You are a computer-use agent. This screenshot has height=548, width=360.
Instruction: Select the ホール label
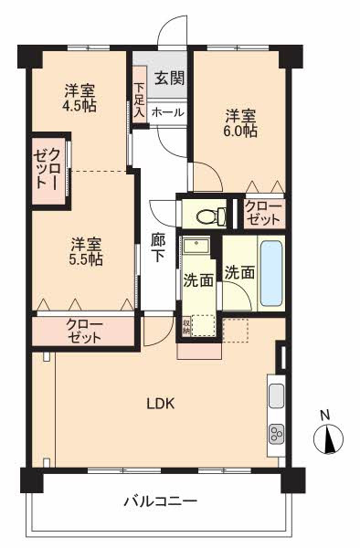coord(166,112)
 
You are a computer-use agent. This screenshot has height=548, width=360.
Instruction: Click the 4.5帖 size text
coord(79,106)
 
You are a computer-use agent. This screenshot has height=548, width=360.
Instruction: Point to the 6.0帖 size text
coord(241,131)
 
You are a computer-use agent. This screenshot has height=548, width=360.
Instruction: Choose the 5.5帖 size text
coord(87,259)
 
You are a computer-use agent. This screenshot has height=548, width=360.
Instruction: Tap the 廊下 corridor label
coord(157,249)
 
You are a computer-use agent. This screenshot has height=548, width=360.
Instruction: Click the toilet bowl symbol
coord(208,217)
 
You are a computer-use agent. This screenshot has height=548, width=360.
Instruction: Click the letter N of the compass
coord(324,416)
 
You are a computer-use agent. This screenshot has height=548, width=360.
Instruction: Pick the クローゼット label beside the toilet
coord(263,214)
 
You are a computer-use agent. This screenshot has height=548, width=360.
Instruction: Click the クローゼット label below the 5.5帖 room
coord(84,331)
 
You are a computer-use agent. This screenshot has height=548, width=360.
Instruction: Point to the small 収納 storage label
coord(186,325)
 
